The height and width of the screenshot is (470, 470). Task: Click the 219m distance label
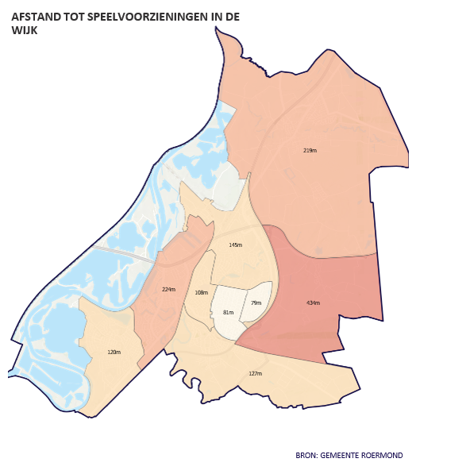310,150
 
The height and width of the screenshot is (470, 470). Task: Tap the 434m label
313,302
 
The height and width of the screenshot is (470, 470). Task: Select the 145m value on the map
235,245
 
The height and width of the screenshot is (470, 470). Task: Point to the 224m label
168,290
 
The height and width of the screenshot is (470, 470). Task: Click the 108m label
201,293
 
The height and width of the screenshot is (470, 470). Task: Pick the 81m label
228,313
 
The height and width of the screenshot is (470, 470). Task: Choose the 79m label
256,303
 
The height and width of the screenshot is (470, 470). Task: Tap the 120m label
114,352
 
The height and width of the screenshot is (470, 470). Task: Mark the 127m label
255,373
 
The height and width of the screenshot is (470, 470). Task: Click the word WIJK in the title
25,31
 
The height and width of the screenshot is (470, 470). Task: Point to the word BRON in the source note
306,456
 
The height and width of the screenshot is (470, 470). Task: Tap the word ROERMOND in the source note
383,456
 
